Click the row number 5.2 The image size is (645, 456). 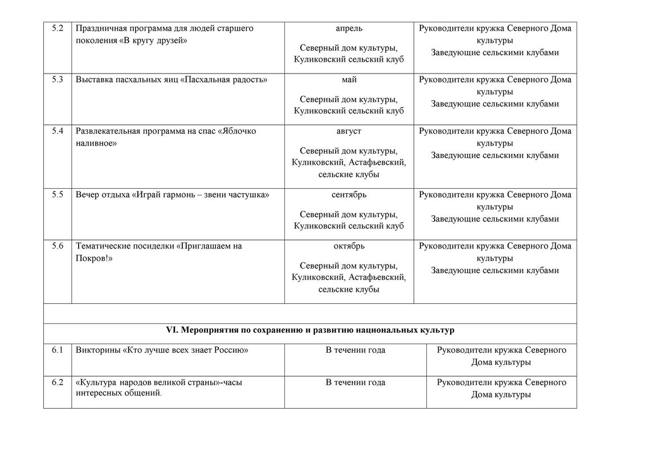click(x=57, y=28)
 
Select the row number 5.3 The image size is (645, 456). click(x=57, y=80)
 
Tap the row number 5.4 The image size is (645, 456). click(x=57, y=131)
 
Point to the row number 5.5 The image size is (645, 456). click(x=57, y=195)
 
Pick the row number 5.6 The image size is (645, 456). click(x=57, y=246)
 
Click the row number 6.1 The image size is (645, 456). click(x=57, y=350)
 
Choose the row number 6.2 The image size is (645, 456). click(x=57, y=382)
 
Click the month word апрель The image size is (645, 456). click(x=349, y=28)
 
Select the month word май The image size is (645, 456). click(x=349, y=80)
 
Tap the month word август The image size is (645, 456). click(x=349, y=131)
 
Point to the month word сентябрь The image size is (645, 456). click(x=349, y=195)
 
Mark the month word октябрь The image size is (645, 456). click(x=349, y=246)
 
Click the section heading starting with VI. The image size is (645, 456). click(x=310, y=330)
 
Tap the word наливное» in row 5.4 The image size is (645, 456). click(x=96, y=143)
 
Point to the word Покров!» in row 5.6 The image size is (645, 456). click(x=94, y=258)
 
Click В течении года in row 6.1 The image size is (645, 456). click(x=355, y=350)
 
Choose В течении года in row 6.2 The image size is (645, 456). click(x=355, y=382)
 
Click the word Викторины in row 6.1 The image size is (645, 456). click(x=97, y=350)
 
